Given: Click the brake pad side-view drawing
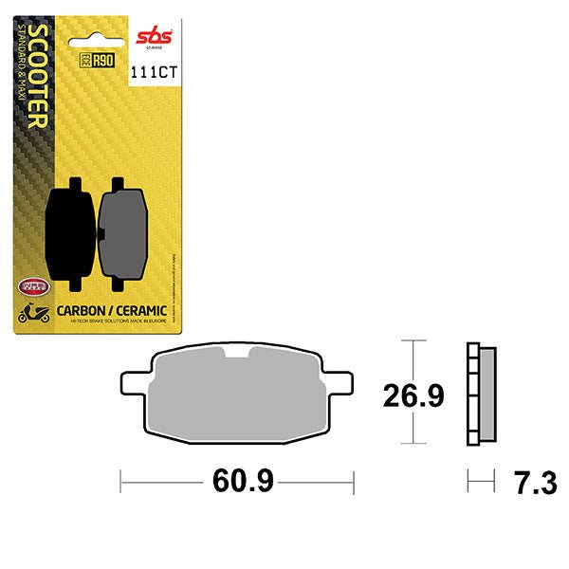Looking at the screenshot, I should click(482, 391).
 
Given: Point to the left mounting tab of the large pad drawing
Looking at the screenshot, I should click(131, 383).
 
